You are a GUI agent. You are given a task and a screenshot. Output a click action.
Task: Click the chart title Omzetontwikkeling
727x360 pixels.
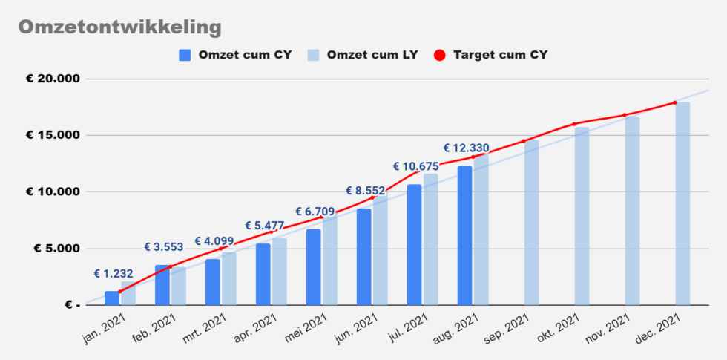pos(119,27)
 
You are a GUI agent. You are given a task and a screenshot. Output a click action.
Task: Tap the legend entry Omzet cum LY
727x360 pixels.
pos(363,55)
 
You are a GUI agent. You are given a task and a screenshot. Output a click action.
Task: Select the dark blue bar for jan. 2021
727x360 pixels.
pos(111,298)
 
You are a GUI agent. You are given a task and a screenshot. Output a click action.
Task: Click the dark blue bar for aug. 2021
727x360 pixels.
pos(464,235)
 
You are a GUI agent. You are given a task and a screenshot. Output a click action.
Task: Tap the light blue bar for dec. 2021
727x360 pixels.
pos(682,203)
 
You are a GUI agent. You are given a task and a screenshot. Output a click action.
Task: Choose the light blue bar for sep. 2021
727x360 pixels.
pos(531,223)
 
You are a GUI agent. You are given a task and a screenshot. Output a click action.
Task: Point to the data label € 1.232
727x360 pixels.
pos(114,274)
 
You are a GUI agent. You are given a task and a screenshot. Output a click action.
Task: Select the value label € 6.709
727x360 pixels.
pos(315,212)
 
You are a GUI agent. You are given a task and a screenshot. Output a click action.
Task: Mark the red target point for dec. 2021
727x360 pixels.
pos(675,102)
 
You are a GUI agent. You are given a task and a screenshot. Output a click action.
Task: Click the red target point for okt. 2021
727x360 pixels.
pos(574,124)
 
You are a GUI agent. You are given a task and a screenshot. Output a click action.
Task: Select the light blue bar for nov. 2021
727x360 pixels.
pos(632,210)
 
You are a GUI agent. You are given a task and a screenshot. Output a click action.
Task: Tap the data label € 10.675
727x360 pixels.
pos(415,166)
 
